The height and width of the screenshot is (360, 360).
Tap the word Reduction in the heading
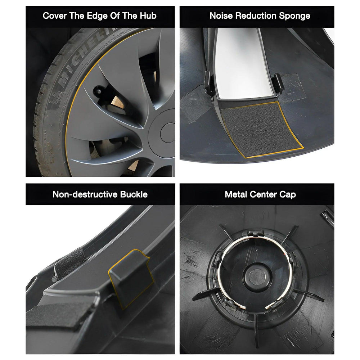point(255,16)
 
